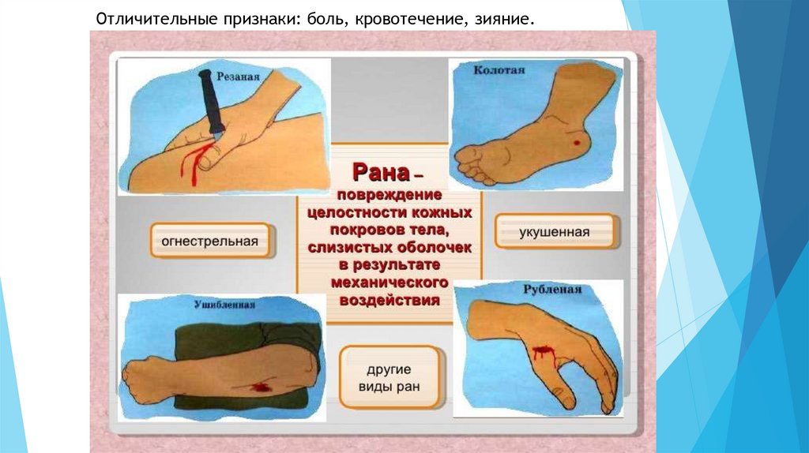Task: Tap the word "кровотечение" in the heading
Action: [405, 17]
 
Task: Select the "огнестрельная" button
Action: [210, 241]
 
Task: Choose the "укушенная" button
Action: [554, 233]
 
